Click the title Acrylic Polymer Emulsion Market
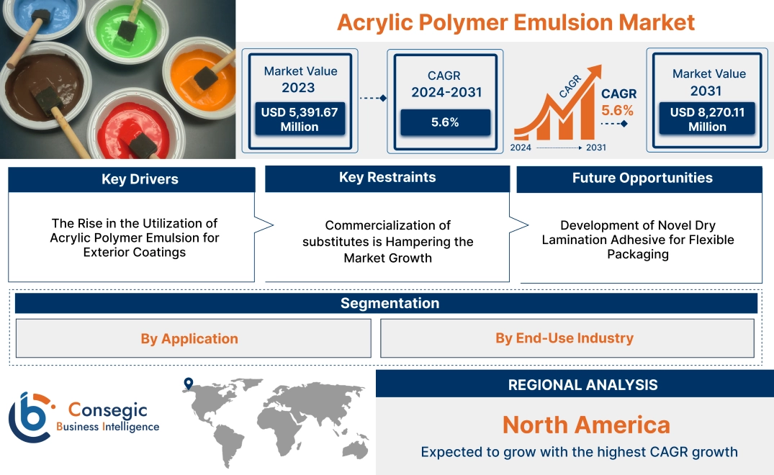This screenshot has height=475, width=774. pos(516,22)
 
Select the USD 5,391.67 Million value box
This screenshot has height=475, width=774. pos(299,119)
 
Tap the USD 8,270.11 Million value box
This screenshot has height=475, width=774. pos(707,119)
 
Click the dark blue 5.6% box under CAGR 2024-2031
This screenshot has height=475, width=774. pos(445,122)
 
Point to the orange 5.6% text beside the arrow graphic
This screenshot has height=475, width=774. pos(617,110)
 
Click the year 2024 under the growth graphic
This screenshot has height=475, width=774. pos(522,148)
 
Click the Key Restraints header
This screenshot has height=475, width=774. pos(387,178)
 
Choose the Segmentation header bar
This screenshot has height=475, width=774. pos(390,303)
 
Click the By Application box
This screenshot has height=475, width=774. pos(189,338)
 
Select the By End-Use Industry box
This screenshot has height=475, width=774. pos(564,338)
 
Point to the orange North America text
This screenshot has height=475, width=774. pos(585,424)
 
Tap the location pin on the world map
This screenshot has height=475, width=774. pos(188,384)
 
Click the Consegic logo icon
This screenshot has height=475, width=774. pos(30,417)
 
